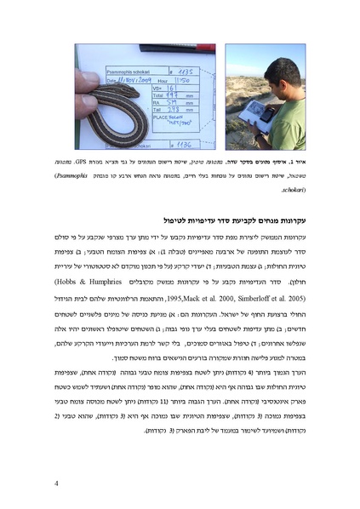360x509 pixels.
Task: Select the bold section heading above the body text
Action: coord(243,219)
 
